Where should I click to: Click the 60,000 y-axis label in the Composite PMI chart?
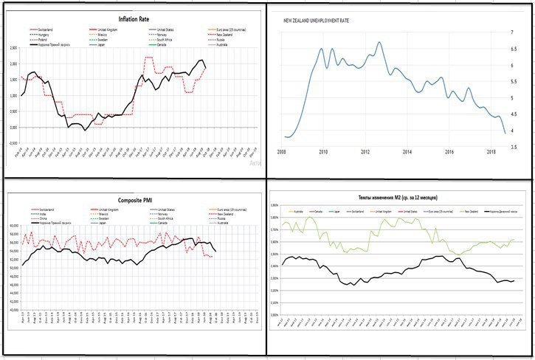(x=13, y=226)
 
